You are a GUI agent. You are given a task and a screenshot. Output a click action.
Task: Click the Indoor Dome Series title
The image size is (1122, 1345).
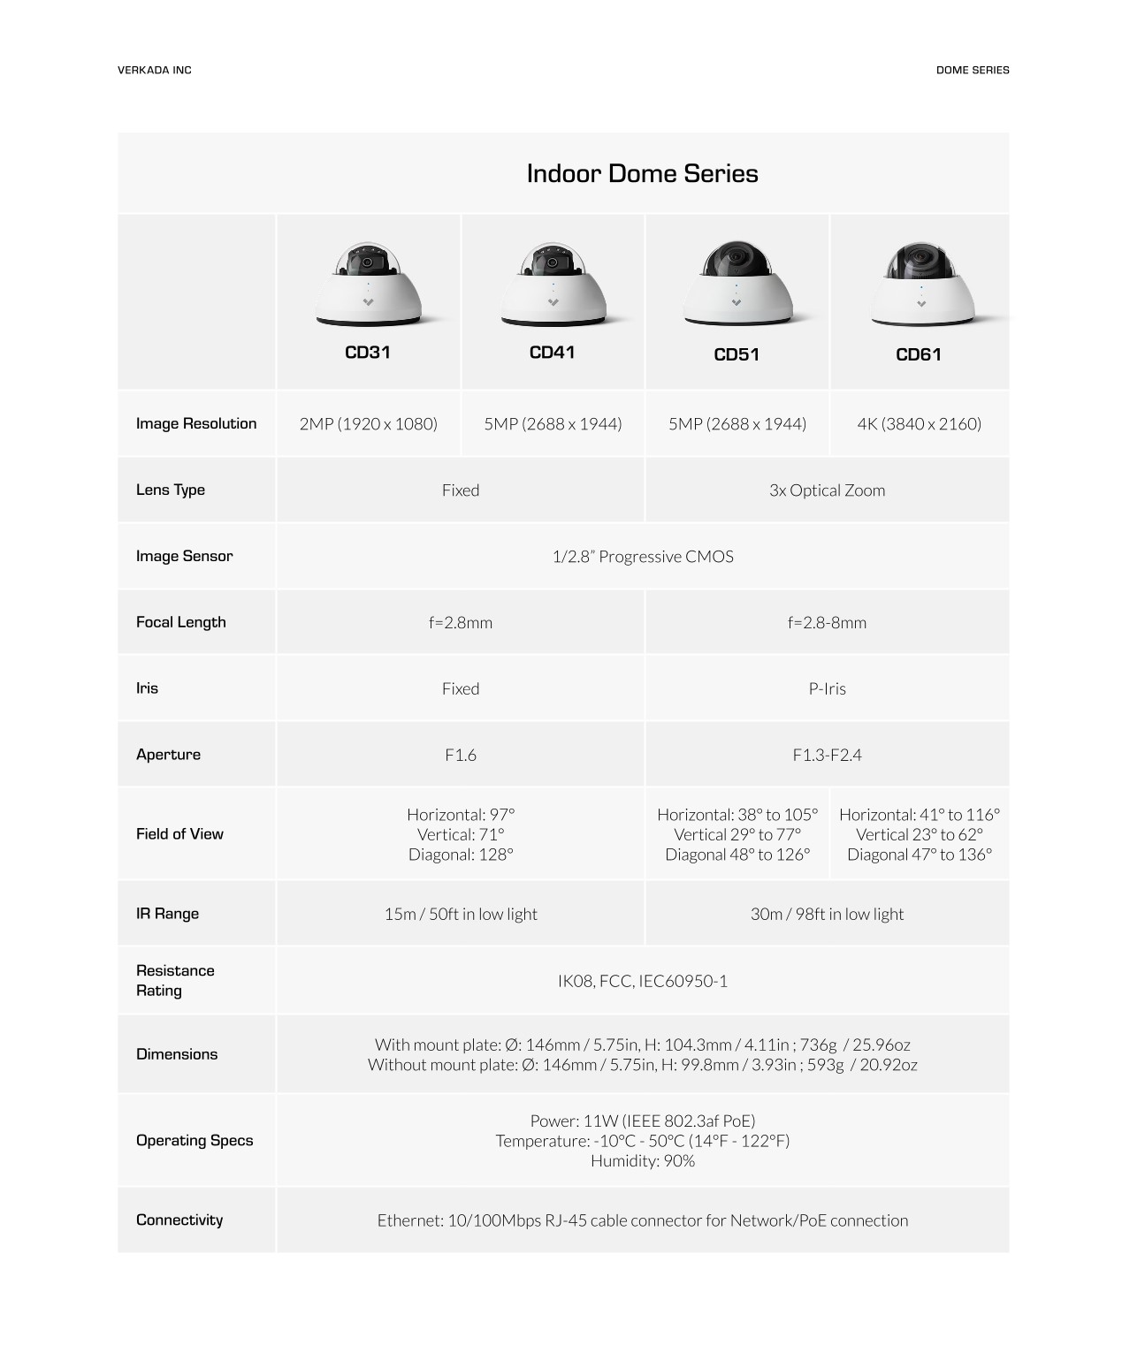click(x=642, y=173)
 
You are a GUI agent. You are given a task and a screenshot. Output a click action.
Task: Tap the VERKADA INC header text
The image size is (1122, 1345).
click(x=154, y=70)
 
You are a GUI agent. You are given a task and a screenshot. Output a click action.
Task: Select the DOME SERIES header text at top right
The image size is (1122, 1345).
click(x=972, y=70)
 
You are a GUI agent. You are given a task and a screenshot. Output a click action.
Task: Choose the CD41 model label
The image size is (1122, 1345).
click(x=552, y=353)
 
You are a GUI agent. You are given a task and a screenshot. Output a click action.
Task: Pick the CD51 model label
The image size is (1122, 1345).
click(x=736, y=354)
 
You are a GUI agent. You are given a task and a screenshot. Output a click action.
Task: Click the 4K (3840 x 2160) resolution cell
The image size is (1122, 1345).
click(x=919, y=423)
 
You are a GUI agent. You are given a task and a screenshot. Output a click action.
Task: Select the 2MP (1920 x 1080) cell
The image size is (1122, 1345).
click(x=368, y=423)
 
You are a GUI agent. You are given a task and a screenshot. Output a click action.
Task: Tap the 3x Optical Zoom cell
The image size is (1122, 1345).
click(x=827, y=490)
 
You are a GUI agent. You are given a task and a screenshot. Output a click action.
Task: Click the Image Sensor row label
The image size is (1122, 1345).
click(x=184, y=556)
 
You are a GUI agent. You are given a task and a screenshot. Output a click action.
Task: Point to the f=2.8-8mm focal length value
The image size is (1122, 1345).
click(x=827, y=622)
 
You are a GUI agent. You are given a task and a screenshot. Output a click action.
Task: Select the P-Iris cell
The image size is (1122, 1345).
click(x=827, y=688)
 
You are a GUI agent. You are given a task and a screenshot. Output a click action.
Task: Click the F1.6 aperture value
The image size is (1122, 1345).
click(x=461, y=755)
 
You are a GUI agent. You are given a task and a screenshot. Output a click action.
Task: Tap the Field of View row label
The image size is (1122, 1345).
click(x=179, y=833)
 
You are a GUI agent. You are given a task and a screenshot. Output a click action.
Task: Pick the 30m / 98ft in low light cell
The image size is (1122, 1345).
click(x=827, y=914)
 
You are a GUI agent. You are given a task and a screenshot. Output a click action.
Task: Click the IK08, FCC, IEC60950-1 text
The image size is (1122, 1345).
click(x=642, y=981)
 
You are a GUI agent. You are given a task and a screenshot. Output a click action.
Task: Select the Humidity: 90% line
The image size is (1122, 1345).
click(x=642, y=1161)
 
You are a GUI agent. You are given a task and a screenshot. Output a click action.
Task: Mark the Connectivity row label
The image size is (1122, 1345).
click(x=179, y=1220)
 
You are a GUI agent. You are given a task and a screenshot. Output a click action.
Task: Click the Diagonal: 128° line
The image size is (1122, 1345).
click(x=461, y=855)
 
